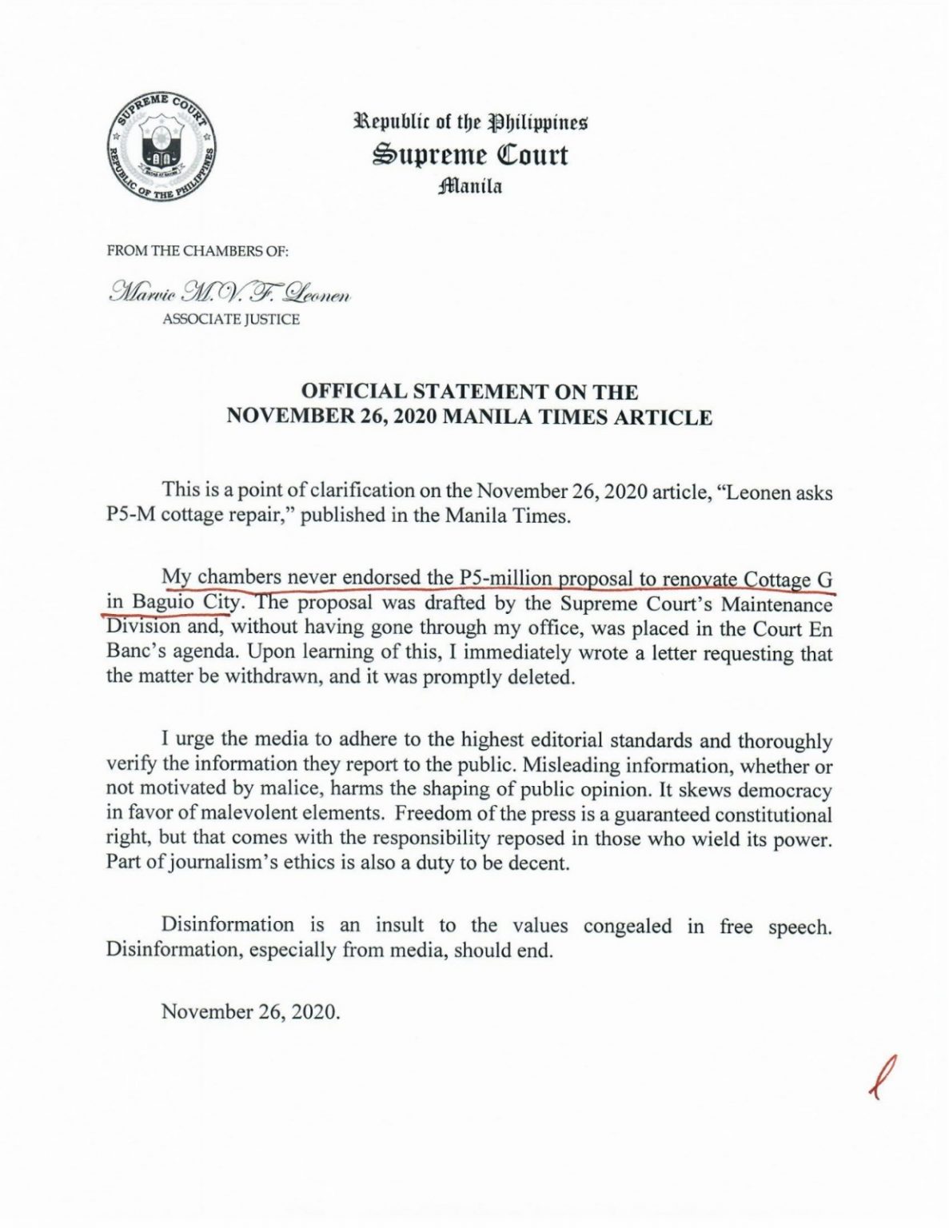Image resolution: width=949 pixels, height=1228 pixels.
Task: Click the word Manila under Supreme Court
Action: point(470,188)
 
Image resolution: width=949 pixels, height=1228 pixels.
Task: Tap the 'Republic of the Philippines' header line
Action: point(471,124)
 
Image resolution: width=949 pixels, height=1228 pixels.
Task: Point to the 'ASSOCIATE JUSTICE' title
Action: point(231,320)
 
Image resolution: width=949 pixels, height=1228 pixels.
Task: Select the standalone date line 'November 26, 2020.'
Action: point(251,1011)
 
